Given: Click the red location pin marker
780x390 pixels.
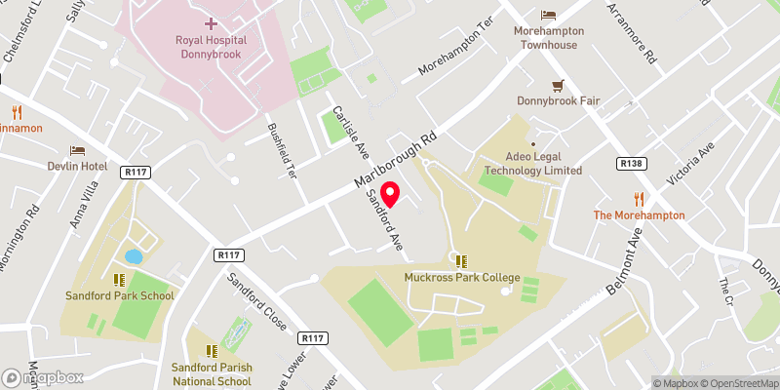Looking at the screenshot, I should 391,193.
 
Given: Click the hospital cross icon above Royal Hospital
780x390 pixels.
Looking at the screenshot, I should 212,21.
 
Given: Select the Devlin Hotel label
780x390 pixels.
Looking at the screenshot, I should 76,167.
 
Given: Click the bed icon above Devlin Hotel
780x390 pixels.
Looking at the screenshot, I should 76,151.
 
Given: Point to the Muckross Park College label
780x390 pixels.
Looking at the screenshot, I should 461,277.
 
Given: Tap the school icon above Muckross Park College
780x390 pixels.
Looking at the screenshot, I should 461,260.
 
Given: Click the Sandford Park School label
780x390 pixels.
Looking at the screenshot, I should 120,295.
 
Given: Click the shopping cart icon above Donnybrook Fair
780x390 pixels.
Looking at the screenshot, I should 558,86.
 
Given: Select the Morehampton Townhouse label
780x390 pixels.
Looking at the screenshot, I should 548,37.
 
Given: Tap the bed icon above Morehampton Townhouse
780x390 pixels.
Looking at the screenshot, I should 548,15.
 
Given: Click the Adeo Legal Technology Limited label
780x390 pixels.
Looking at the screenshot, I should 532,163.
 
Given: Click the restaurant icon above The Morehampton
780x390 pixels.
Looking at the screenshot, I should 639,199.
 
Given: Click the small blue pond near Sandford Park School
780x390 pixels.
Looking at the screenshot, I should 134,257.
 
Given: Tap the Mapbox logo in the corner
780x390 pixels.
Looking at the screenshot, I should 43,377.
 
